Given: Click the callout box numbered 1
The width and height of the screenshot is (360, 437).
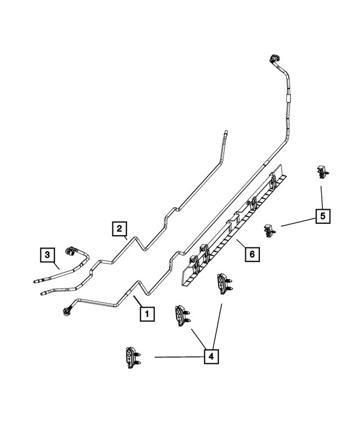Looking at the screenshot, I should click(146, 313).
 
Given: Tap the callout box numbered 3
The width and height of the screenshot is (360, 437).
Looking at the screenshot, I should click(48, 255).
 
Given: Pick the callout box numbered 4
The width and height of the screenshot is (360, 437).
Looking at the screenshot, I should click(212, 356).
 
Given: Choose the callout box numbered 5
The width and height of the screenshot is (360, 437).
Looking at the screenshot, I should click(322, 216).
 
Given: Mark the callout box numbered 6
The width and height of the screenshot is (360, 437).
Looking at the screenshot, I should click(252, 255).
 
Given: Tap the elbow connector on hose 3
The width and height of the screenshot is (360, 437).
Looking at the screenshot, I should click(73, 251).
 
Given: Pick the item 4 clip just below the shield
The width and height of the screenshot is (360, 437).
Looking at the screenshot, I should click(223, 282).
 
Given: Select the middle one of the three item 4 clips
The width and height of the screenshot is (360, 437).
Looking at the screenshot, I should click(182, 314).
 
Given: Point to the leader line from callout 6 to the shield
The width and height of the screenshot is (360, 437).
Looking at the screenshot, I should click(241, 245).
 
